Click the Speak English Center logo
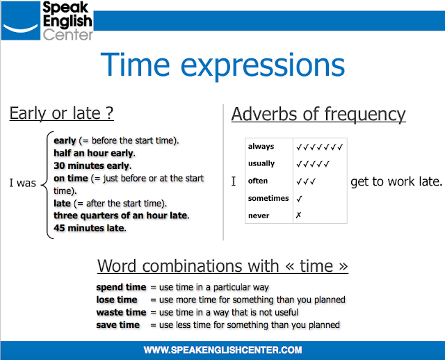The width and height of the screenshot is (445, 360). [x=47, y=22]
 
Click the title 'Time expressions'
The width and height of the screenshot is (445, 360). [x=222, y=65]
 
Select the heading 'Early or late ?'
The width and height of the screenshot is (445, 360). [x=61, y=113]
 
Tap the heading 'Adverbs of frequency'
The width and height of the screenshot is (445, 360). [x=318, y=113]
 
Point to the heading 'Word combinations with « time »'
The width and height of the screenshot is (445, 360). [x=222, y=265]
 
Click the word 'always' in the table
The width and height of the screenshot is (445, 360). [x=261, y=147]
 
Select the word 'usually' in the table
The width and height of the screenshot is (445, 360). [x=261, y=164]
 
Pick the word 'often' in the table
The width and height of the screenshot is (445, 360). [x=258, y=181]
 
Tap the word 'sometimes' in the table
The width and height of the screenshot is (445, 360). [x=268, y=198]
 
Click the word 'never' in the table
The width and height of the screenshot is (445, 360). [x=258, y=215]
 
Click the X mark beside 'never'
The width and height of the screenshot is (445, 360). [x=299, y=215]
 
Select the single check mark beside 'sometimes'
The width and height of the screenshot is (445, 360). [x=299, y=198]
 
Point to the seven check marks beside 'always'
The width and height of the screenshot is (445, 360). [x=320, y=147]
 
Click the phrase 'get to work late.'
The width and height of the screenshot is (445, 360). [x=396, y=181]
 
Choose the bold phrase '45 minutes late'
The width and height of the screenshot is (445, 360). [x=88, y=227]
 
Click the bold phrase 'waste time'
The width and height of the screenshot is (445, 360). [x=121, y=312]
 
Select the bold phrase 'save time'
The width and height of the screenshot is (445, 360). [x=118, y=325]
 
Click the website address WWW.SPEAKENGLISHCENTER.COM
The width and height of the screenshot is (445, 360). [x=222, y=349]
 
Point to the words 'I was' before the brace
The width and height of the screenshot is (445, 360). [x=23, y=184]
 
